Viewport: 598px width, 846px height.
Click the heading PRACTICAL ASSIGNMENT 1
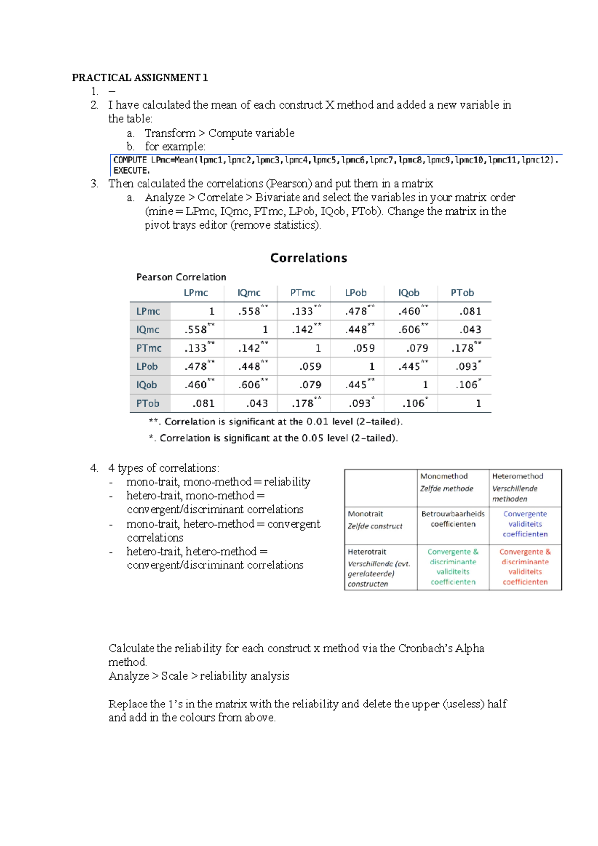(140, 77)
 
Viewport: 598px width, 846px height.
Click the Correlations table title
(308, 258)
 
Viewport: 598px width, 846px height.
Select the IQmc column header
(249, 293)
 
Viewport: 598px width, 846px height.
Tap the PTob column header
(462, 293)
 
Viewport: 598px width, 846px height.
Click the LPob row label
(147, 366)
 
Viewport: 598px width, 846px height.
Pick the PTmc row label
(149, 348)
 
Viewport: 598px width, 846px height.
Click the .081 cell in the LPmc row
(470, 311)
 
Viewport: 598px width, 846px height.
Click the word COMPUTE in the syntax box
(130, 160)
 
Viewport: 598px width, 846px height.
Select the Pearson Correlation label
(181, 277)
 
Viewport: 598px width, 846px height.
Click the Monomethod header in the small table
(444, 476)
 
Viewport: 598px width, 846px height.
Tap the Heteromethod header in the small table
(517, 476)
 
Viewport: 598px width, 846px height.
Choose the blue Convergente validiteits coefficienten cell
(525, 524)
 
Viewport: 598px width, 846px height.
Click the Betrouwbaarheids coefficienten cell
(452, 519)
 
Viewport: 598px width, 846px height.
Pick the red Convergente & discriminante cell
(525, 566)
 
